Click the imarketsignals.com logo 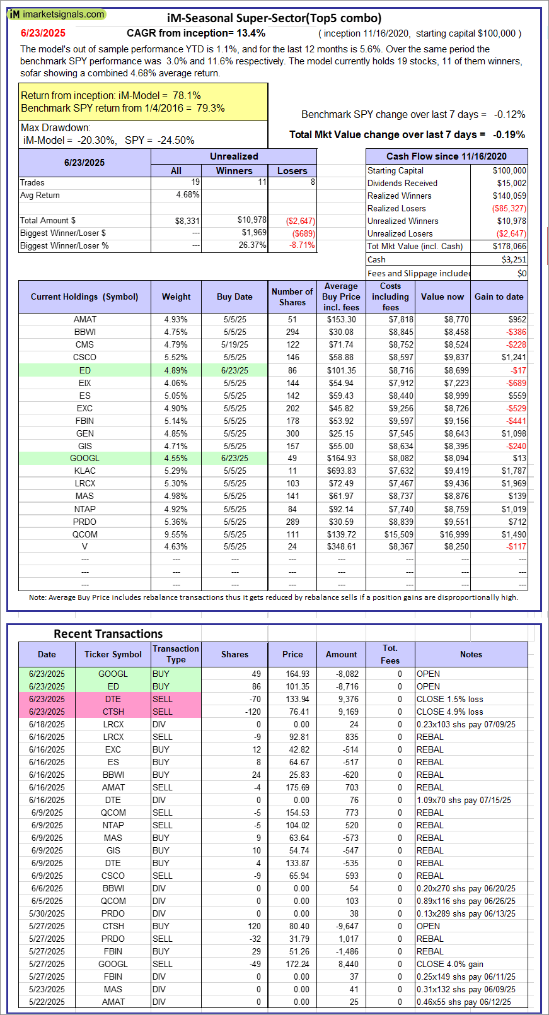57,14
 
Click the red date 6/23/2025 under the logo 43,33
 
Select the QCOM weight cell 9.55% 176,534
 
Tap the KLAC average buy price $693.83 341,471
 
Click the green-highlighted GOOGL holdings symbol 84,459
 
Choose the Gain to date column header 499,296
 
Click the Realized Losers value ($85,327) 509,208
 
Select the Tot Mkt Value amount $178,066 509,246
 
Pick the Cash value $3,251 514,259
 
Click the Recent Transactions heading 108,634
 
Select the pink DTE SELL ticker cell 113,699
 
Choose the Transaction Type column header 176,654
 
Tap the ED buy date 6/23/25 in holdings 234,370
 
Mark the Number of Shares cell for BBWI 292,332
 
